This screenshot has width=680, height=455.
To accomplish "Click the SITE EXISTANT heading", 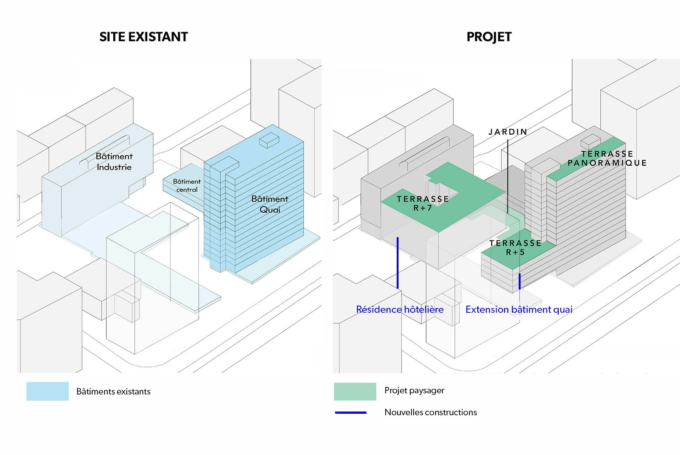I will point(144,37).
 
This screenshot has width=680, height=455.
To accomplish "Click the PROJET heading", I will point(489,37).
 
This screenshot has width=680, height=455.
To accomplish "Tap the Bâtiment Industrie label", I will point(114,162).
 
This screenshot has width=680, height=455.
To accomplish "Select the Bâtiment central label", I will point(187,185).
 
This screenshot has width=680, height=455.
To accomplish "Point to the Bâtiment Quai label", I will point(270,204).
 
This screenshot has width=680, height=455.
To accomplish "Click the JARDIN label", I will point(508,132).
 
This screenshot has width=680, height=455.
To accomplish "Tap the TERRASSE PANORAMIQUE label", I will point(607,158).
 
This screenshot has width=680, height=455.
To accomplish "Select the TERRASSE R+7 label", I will point(423,203).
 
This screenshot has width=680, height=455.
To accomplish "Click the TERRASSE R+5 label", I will point(515,247).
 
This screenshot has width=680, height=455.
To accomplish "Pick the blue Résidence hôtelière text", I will point(400,309).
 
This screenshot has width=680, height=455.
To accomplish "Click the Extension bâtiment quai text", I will point(519,309).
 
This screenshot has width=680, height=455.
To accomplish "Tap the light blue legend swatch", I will point(48,391).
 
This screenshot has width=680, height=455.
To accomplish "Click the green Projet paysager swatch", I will point(355,391).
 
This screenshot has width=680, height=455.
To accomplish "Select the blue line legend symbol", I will point(351,412).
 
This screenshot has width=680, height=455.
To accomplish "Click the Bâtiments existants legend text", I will point(113,391).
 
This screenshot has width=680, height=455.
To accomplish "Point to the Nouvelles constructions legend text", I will point(431,412).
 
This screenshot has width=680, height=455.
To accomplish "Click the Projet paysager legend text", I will point(414,390).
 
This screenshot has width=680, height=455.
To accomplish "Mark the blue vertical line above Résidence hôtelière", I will point(397,263).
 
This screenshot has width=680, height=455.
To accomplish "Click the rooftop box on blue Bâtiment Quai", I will point(269,140).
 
